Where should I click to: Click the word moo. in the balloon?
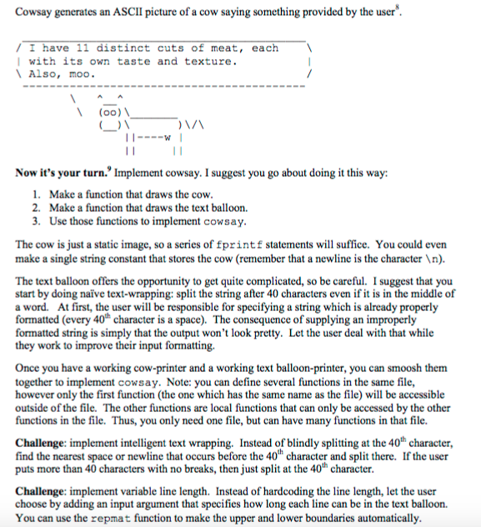(81, 74)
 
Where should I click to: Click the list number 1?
(37, 193)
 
